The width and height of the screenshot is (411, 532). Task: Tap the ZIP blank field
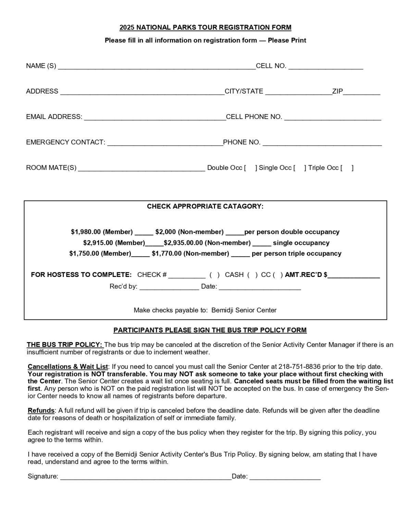[362, 92]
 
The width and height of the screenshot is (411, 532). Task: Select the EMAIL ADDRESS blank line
[155, 117]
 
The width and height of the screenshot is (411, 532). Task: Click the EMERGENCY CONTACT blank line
[165, 143]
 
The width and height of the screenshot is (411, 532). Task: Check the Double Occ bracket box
[250, 168]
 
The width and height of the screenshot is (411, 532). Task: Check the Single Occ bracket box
[300, 168]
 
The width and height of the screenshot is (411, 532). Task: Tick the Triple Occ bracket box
[347, 168]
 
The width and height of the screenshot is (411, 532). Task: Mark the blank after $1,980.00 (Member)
[144, 232]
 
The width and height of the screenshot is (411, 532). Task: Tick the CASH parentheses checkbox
[252, 275]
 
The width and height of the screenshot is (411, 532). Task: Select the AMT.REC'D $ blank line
[354, 276]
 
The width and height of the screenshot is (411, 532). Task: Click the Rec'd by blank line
[169, 287]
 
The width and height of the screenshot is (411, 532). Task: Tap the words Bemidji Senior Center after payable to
[244, 310]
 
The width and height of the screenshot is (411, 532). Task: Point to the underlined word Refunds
[41, 410]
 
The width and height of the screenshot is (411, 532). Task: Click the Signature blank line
[146, 477]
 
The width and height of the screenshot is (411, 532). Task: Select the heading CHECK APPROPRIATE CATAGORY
[205, 206]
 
